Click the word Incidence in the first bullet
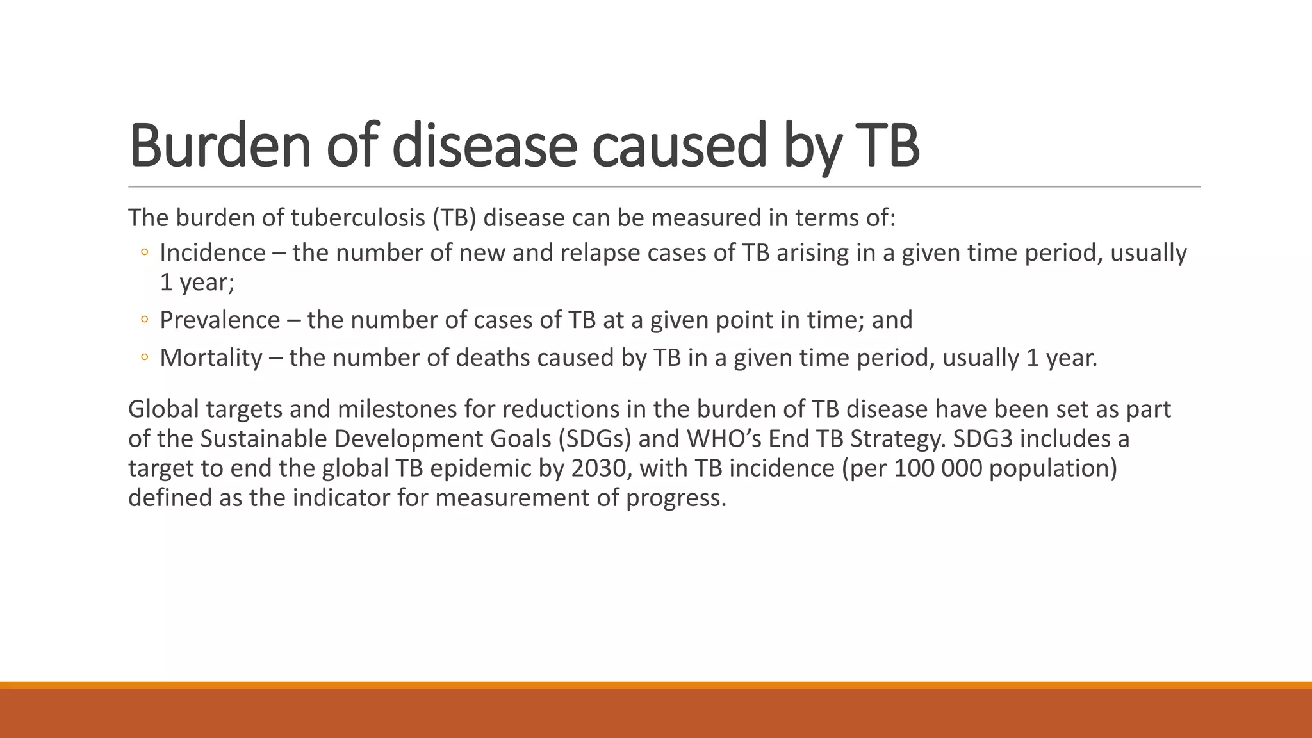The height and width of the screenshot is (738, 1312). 212,253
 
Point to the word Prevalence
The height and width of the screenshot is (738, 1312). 220,320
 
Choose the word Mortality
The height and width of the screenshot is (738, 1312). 211,357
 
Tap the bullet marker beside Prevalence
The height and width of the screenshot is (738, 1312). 144,320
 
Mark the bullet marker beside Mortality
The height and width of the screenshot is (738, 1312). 144,358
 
